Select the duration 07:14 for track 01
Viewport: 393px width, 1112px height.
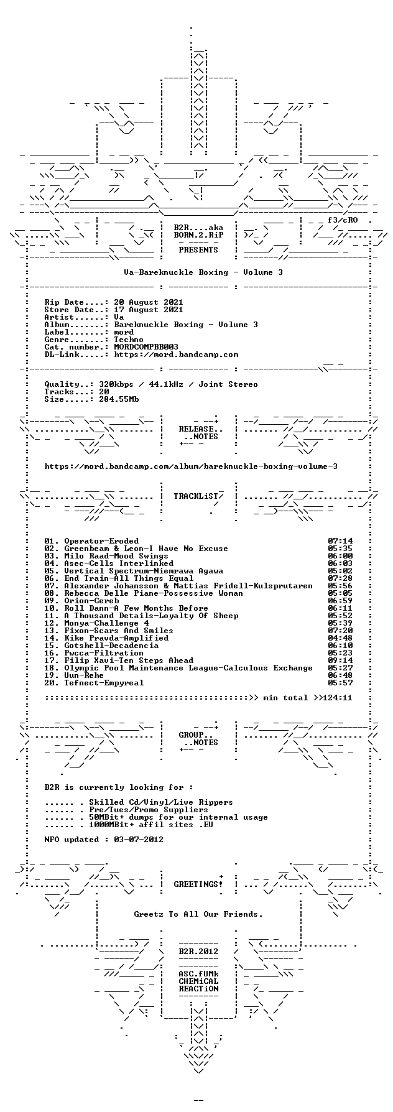click(x=340, y=541)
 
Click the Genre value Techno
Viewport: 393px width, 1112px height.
click(x=129, y=340)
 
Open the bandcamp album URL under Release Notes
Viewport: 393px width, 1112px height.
click(x=191, y=466)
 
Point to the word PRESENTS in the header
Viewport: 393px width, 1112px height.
click(x=198, y=250)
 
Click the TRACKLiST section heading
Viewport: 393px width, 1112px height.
click(x=196, y=496)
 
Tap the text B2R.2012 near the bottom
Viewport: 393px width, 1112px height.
click(x=198, y=952)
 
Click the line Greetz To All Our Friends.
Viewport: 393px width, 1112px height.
click(x=198, y=914)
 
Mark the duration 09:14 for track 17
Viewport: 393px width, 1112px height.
click(x=340, y=660)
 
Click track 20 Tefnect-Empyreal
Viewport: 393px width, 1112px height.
click(x=104, y=683)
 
